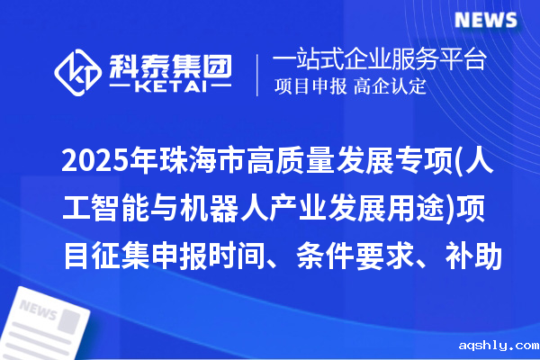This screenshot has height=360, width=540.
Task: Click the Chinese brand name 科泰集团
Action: pos(170,64)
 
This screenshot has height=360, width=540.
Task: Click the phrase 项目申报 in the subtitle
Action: pos(311,87)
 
